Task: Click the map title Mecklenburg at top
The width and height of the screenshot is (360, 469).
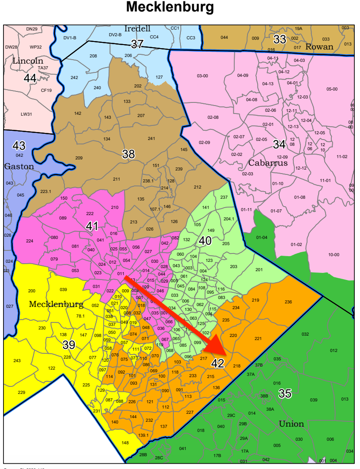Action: tap(170, 8)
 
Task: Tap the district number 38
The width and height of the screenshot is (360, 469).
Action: tap(128, 154)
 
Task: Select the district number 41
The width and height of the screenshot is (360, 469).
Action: tap(92, 226)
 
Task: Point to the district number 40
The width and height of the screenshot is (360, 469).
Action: tap(205, 241)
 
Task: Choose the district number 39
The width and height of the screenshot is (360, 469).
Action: tap(68, 344)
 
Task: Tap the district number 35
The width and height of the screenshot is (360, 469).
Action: tap(285, 393)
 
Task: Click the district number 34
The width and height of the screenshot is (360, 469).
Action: tap(279, 144)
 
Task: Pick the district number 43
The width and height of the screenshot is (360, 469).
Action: tap(19, 145)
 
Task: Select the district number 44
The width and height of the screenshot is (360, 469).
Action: tap(30, 78)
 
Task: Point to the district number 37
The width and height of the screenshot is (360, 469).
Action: tap(137, 44)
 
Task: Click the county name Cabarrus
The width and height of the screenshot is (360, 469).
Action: tap(268, 163)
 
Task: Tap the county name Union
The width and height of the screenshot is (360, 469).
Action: tap(292, 424)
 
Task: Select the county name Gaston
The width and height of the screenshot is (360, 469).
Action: tap(19, 166)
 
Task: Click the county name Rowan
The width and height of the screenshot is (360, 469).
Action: tap(319, 47)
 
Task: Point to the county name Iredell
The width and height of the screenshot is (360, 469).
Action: tap(137, 29)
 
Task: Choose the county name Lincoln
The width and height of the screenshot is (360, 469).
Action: tap(27, 61)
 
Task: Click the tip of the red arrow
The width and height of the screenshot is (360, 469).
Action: tap(225, 356)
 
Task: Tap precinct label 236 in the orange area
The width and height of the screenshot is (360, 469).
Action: tap(288, 302)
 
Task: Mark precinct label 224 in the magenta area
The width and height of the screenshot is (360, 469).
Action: tap(30, 241)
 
